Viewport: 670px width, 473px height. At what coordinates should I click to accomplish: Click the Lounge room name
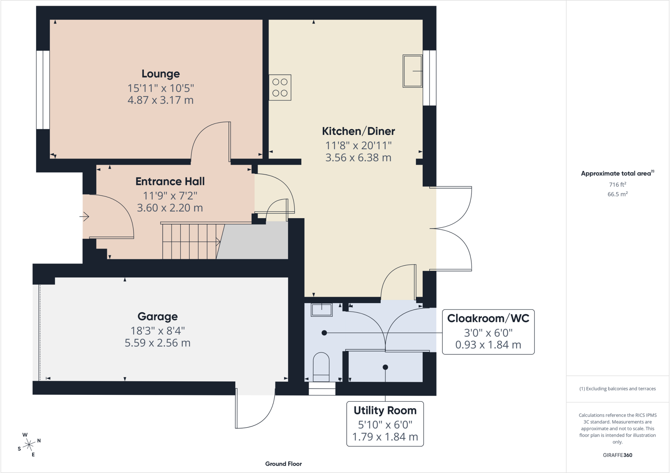tap(161, 74)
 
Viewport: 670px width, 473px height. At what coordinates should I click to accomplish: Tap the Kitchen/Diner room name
tap(359, 131)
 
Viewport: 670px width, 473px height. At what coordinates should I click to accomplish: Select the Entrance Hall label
tap(170, 181)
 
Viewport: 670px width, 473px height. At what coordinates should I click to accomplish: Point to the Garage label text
tap(158, 317)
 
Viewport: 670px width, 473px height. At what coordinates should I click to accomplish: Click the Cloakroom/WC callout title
tap(488, 318)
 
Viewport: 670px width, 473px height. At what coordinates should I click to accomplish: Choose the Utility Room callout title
tap(385, 411)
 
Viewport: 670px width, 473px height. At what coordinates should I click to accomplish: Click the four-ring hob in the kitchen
tap(280, 87)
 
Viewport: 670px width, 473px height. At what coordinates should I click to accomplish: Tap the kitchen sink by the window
tap(413, 71)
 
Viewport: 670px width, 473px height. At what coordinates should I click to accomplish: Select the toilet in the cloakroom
tap(321, 367)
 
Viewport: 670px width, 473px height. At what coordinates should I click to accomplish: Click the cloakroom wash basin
tap(322, 310)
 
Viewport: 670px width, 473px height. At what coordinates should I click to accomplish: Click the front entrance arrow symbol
tap(84, 216)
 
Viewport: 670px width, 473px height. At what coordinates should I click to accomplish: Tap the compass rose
tap(29, 445)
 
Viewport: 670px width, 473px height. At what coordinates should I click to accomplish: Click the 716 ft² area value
tap(617, 184)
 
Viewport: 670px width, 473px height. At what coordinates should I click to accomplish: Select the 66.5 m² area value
tap(618, 194)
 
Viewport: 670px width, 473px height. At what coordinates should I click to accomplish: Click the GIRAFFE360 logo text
tap(618, 455)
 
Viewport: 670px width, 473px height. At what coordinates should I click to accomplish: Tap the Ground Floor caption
tap(284, 464)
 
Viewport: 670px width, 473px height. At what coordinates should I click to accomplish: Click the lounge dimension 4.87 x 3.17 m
tap(161, 100)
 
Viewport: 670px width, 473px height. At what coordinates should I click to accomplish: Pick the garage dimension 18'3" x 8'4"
tap(158, 331)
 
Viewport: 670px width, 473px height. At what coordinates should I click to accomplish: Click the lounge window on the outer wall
tap(43, 90)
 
